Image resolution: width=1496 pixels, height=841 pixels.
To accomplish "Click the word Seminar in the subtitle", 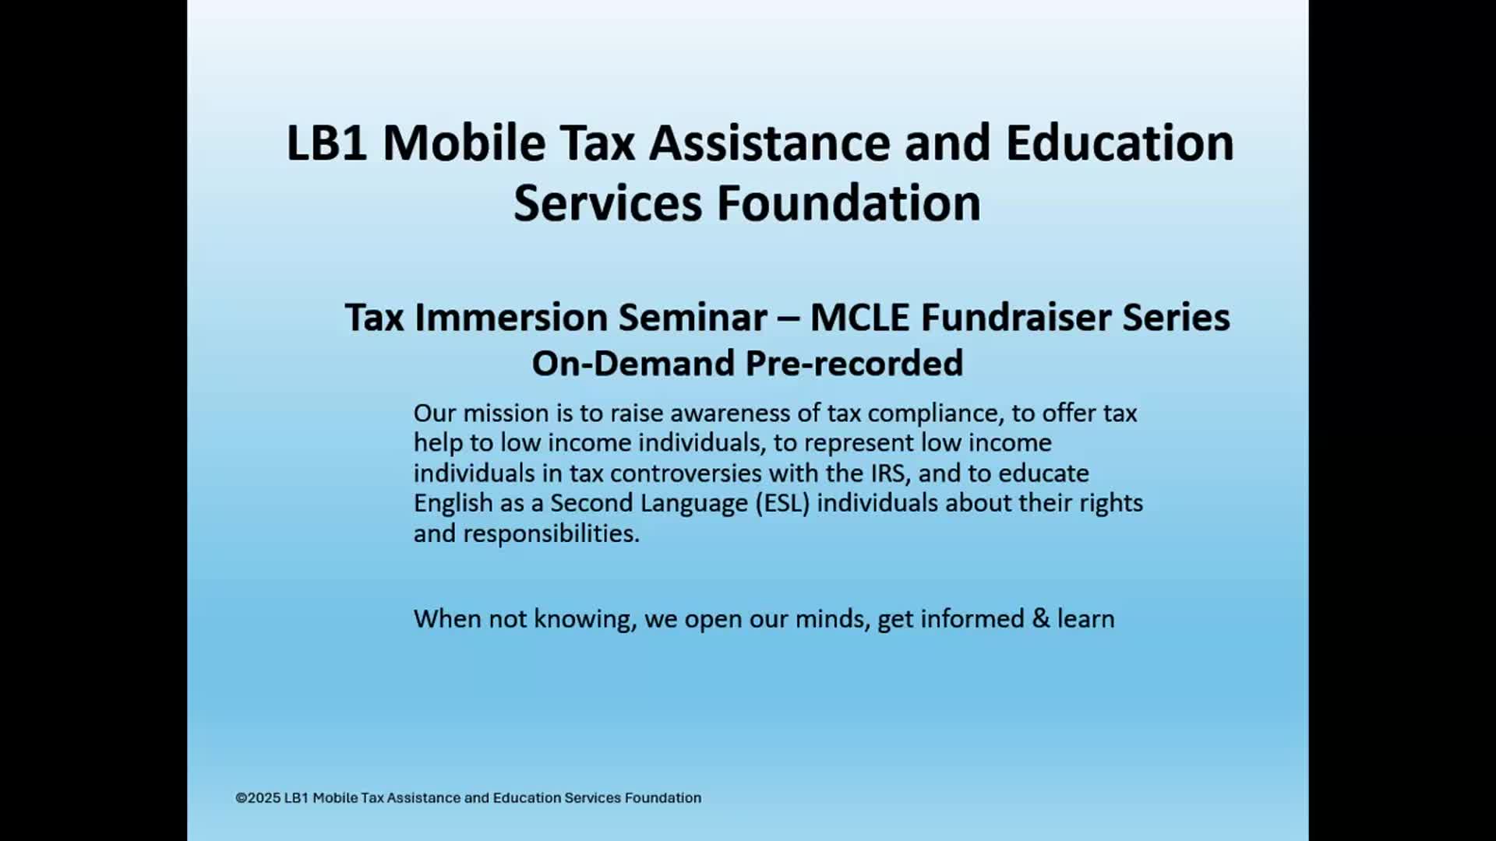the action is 693,317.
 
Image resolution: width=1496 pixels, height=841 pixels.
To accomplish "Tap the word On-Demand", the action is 633,364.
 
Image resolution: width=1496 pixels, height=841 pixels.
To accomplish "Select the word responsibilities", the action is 552,534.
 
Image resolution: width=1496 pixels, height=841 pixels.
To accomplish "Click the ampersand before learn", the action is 1041,619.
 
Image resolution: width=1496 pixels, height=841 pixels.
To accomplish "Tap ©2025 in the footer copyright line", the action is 258,797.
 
